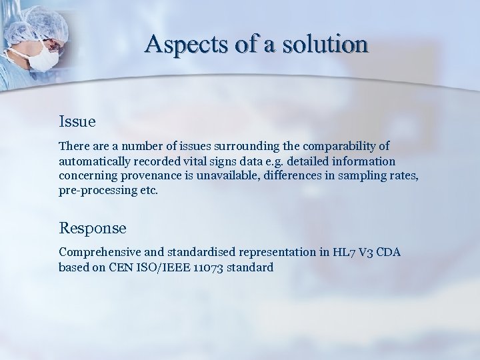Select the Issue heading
[77, 122]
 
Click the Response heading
[93, 228]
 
